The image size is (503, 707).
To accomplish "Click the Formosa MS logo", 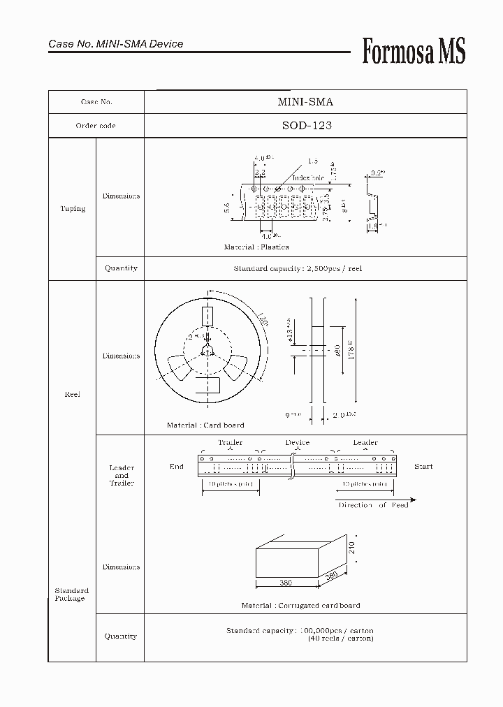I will coord(413,51).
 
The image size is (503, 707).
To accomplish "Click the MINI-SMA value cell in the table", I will coord(305,102).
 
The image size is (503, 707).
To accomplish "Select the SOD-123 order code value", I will coord(305,126).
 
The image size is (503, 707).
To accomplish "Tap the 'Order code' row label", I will coord(96,126).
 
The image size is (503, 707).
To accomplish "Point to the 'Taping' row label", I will coord(73,209).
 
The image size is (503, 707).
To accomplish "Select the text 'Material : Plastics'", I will coord(256,247).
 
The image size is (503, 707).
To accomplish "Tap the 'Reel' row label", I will coord(73,395).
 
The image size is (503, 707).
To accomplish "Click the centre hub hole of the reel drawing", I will coord(207,351).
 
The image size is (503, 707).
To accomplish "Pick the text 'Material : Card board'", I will coord(205,425).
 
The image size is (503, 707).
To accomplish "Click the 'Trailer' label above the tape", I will coord(230,443).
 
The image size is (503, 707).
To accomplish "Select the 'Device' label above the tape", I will coord(297,443).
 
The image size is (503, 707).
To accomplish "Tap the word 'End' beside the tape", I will coord(177,467).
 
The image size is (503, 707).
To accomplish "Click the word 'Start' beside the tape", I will coord(423,467).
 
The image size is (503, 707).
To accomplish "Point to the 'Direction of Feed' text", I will coord(373,505).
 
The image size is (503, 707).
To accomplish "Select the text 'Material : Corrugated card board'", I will coord(301,606).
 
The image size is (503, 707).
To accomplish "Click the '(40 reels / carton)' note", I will coord(340,639).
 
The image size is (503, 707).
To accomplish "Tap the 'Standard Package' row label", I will coord(72,595).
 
